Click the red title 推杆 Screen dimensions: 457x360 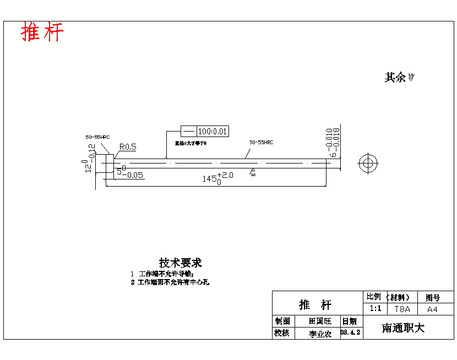tap(42, 32)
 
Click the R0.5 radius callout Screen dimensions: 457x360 tap(128, 147)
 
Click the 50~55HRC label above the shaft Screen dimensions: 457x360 tap(261, 143)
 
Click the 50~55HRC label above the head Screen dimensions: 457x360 tap(97, 137)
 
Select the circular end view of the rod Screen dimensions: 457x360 tap(367, 163)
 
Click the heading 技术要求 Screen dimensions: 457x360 tap(180, 263)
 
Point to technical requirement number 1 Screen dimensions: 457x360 tap(162, 274)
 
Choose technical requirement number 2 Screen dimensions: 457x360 tap(170, 282)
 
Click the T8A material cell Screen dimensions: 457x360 tap(401, 309)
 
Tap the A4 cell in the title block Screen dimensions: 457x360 tap(432, 309)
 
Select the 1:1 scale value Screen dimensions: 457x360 tap(375, 309)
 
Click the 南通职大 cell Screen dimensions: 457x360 tap(403, 328)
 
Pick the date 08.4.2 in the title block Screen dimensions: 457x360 tap(350, 333)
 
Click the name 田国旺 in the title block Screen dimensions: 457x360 tap(320, 321)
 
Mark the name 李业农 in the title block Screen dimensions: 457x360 tap(320, 334)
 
